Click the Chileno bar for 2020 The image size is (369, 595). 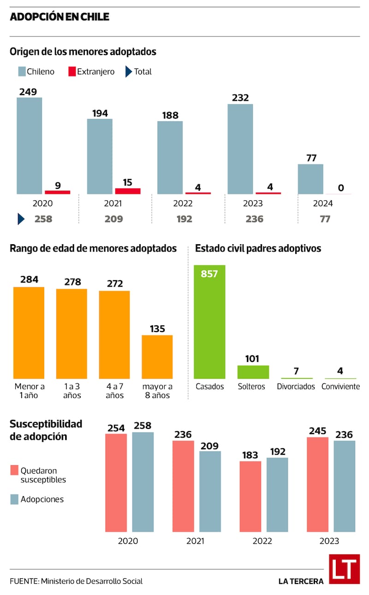[x=30, y=145]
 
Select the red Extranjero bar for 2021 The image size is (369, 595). [x=128, y=191]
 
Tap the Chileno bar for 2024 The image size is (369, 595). [x=310, y=179]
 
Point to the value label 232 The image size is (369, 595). [x=241, y=98]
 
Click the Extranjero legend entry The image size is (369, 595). [x=91, y=72]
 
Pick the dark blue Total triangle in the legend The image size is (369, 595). [x=128, y=72]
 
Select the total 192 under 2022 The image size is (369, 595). [x=184, y=219]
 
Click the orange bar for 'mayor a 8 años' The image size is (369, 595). [x=157, y=357]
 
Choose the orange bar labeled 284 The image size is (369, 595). [x=29, y=332]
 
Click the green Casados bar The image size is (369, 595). [x=209, y=322]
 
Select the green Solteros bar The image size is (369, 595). [x=253, y=372]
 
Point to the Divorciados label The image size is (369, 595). [x=296, y=386]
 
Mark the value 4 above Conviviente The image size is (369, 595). [x=340, y=371]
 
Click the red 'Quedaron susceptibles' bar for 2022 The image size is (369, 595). [x=250, y=496]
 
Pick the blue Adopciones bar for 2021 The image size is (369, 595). [x=210, y=491]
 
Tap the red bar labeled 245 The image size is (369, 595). [x=318, y=484]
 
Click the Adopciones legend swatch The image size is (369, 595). [x=13, y=499]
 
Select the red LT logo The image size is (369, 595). [x=344, y=569]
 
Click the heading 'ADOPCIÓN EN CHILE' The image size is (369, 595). [x=60, y=17]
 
